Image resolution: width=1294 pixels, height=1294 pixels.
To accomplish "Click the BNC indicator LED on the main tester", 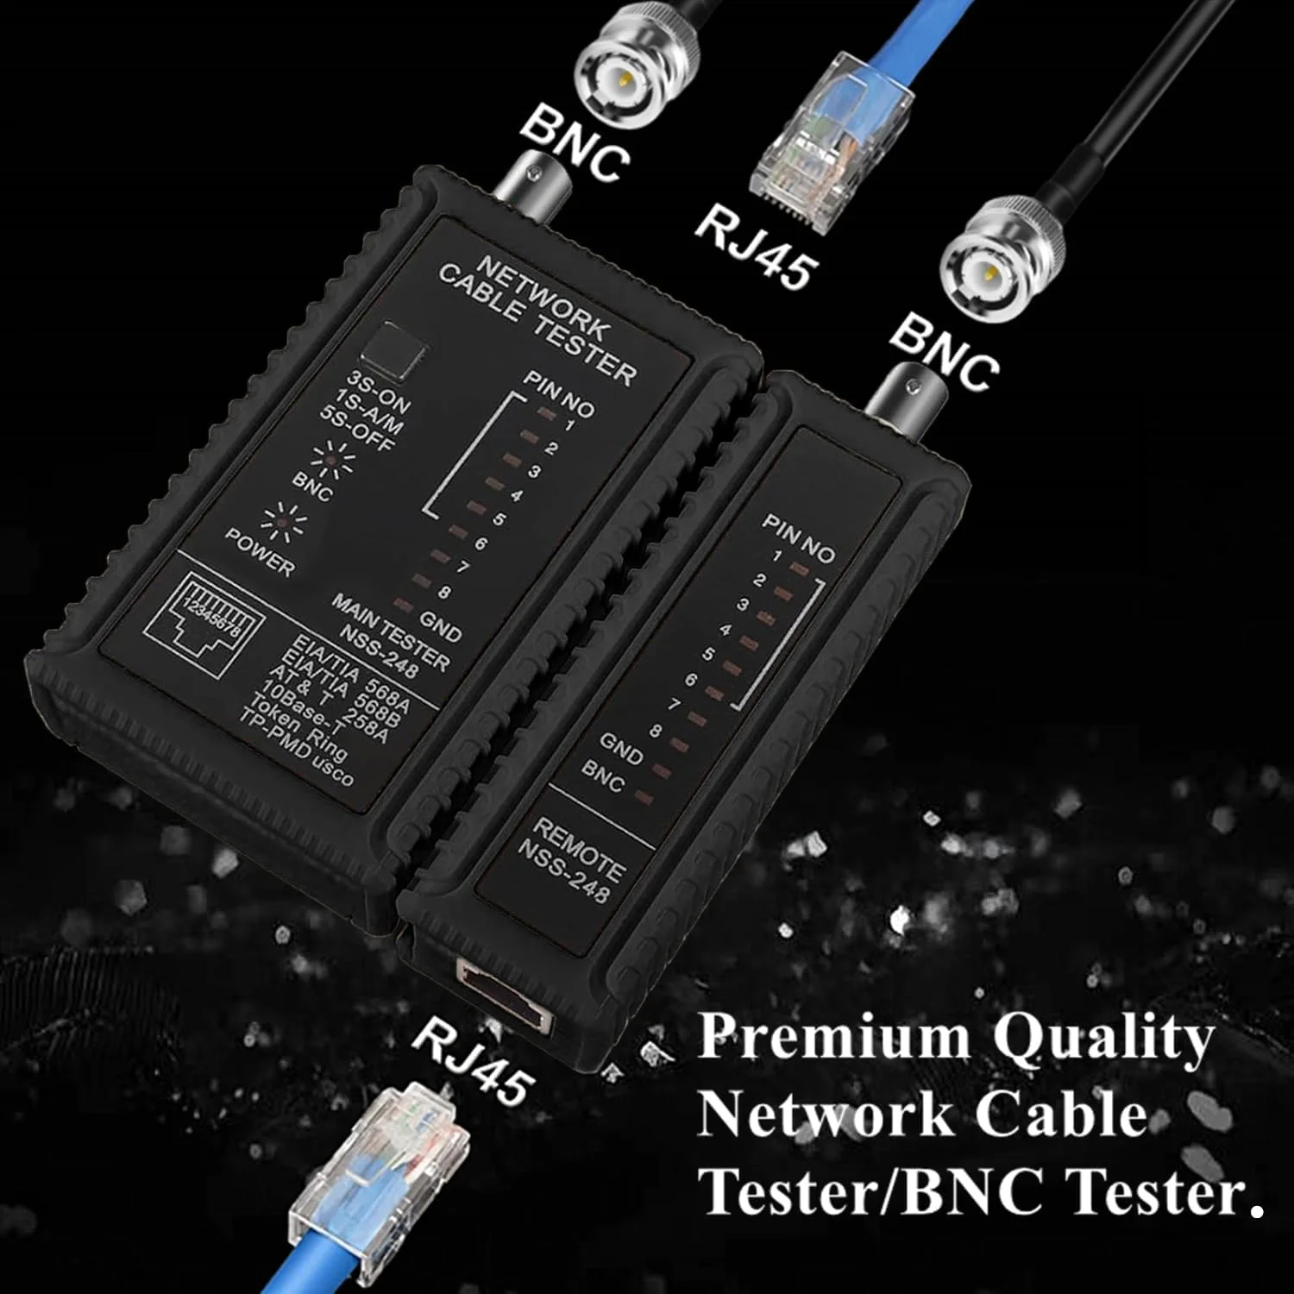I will (333, 462).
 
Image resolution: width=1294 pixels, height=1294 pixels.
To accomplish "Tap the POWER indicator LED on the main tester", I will (281, 521).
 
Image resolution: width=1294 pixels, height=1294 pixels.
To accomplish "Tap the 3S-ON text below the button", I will (378, 393).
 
